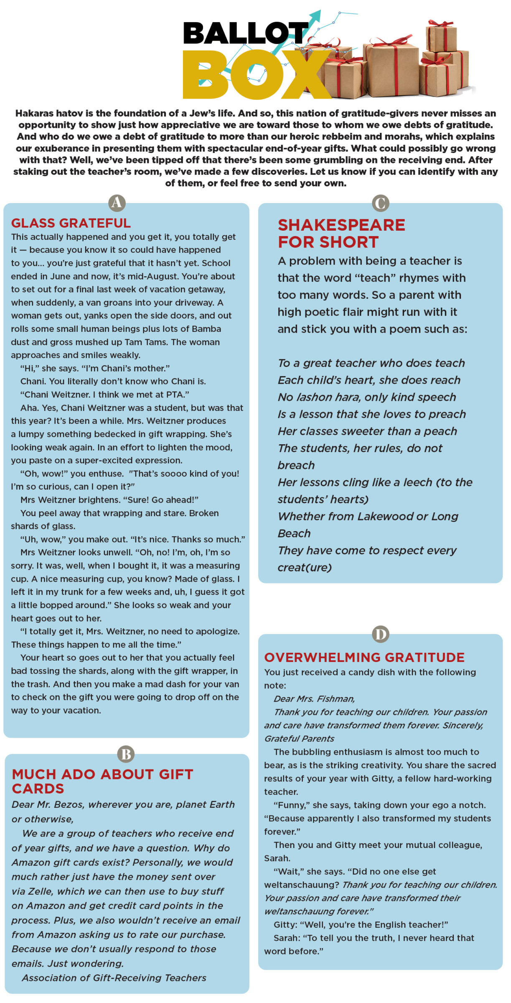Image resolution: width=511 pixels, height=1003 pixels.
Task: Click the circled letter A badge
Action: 117,203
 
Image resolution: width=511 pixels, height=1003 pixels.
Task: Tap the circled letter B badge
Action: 126,754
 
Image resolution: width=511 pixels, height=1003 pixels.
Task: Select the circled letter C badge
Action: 380,203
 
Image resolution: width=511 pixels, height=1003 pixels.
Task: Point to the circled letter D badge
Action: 380,634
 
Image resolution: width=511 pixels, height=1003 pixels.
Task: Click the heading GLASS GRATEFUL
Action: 71,223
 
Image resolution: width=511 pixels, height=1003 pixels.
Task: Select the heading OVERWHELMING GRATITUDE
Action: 364,657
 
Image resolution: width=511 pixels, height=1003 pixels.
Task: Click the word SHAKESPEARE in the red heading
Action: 341,225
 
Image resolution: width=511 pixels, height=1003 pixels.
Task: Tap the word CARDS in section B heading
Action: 38,789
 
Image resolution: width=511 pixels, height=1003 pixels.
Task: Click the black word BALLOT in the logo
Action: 244,33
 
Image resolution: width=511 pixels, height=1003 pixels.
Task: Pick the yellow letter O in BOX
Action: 253,75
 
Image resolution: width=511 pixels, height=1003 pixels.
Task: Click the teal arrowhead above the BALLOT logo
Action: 315,17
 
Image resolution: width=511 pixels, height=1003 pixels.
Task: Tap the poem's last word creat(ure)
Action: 305,568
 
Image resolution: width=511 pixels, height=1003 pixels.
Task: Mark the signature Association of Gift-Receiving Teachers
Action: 114,978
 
